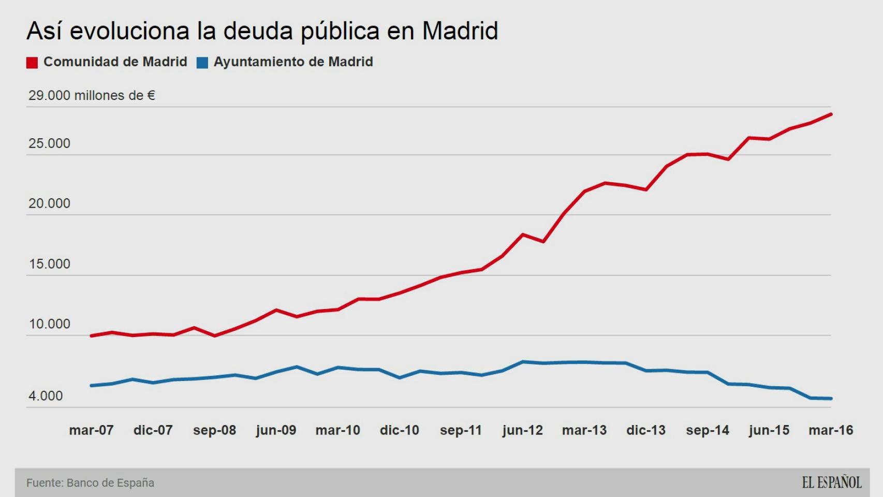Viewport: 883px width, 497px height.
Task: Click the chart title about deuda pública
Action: coord(262,31)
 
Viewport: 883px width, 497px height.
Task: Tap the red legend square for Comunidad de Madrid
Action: coord(32,63)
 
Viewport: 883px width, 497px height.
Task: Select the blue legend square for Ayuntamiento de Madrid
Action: coord(202,63)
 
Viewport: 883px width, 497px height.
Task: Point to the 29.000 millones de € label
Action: coord(92,96)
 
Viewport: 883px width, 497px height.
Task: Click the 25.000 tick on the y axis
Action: coord(49,144)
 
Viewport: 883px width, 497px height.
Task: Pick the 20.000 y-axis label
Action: coord(49,203)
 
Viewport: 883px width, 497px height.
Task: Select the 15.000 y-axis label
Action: coord(49,264)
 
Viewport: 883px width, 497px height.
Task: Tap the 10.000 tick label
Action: coord(49,325)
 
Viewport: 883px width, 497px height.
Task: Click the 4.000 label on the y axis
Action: coord(46,396)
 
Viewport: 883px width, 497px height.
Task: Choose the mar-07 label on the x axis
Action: coord(91,430)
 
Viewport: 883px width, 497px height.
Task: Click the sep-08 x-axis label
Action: coord(214,430)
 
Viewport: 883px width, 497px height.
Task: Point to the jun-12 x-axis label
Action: coord(523,430)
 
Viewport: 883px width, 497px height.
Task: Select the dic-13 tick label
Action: coord(646,430)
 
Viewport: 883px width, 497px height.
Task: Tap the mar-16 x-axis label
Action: coord(831,430)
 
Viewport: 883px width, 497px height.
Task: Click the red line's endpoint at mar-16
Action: coord(831,114)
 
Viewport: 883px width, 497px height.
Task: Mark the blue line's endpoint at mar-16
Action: coord(831,399)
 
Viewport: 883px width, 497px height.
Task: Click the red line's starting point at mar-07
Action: coord(91,336)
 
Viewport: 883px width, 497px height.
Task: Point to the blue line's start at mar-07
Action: coord(91,386)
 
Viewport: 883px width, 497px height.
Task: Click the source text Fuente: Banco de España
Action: coord(90,483)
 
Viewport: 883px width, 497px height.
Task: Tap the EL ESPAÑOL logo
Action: coord(832,483)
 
